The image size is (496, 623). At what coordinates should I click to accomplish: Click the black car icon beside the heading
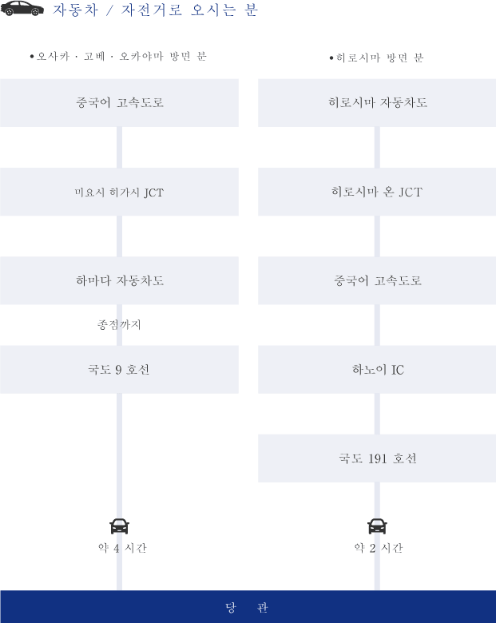(x=22, y=8)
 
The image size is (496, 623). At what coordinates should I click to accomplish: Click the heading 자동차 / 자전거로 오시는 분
(x=156, y=10)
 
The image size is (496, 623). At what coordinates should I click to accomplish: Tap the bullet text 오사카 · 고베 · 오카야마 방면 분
(x=118, y=57)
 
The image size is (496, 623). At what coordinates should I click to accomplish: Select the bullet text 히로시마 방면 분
(x=376, y=58)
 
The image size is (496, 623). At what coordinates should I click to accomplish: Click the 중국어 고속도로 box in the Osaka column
(x=119, y=103)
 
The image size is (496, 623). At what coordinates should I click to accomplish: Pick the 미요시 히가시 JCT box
(x=119, y=192)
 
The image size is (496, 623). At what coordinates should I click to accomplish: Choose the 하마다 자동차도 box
(x=119, y=280)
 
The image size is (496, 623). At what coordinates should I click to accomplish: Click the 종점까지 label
(x=119, y=324)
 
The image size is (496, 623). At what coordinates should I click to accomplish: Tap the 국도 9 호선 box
(x=119, y=370)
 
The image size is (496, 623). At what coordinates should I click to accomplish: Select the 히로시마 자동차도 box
(x=377, y=103)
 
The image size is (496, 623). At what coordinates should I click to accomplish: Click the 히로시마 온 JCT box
(x=377, y=192)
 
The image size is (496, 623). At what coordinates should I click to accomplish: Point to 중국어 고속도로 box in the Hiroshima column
(x=377, y=280)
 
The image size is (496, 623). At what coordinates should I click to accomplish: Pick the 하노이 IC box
(x=377, y=370)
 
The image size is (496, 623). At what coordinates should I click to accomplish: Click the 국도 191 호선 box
(x=377, y=458)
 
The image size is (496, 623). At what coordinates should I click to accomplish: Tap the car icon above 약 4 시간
(x=119, y=526)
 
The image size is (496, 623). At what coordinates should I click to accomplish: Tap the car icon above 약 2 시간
(x=377, y=526)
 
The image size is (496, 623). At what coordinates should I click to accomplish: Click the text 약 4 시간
(x=122, y=548)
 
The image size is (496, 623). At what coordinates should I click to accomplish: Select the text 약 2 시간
(x=379, y=548)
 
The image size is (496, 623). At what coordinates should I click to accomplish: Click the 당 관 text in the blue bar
(x=247, y=608)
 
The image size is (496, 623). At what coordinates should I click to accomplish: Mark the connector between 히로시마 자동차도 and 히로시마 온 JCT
(x=377, y=148)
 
